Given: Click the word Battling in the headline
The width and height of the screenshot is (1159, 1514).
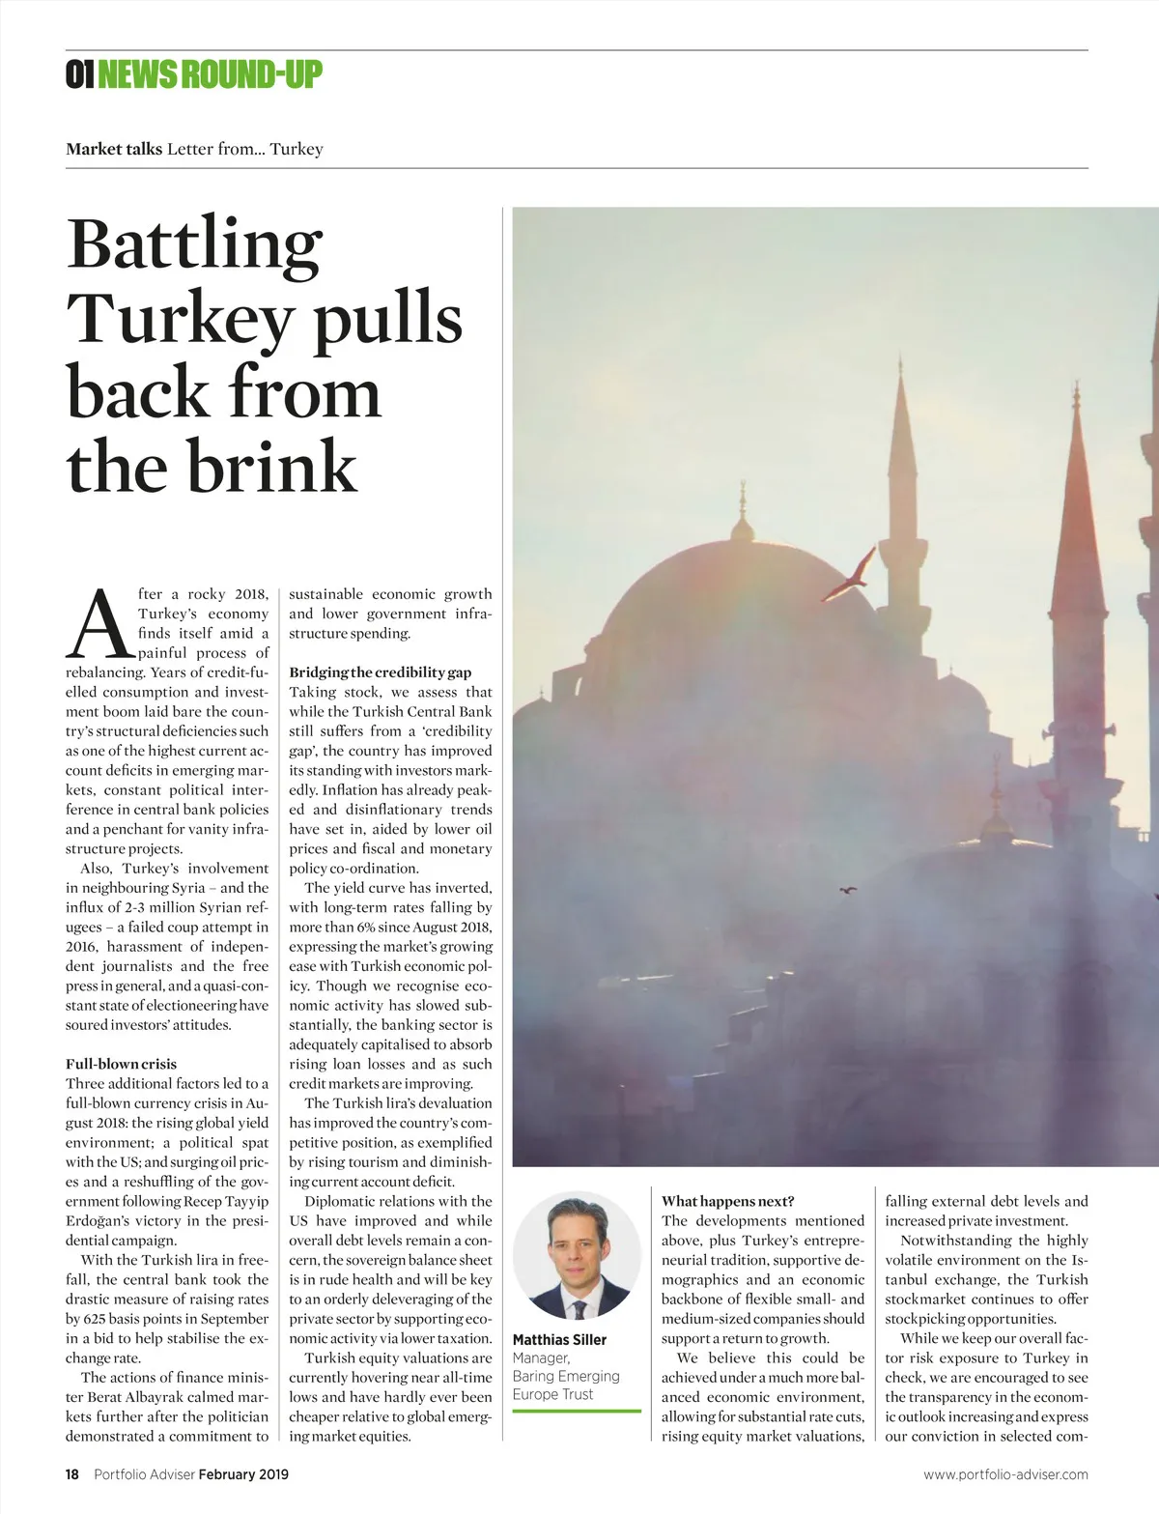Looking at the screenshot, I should (x=194, y=246).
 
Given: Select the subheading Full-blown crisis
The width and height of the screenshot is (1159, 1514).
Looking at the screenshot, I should (x=121, y=1064).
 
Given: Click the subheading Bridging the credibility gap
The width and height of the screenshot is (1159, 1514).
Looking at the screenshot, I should (x=380, y=672).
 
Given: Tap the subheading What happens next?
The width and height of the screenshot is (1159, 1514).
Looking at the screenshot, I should (x=727, y=1201).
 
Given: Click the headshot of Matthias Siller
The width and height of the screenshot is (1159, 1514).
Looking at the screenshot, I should (x=577, y=1255).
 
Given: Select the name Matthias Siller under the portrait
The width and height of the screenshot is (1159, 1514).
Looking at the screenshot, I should (x=559, y=1339).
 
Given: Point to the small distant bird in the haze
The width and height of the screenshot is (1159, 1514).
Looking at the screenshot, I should (x=849, y=891).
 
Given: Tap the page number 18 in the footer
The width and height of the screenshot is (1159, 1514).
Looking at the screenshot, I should (x=72, y=1474).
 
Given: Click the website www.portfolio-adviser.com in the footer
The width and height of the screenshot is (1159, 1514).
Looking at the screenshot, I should (x=1005, y=1474).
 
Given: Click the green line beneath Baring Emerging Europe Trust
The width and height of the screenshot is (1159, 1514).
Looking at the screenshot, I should (x=577, y=1412).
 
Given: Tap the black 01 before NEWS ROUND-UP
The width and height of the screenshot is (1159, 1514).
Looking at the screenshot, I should (x=79, y=74).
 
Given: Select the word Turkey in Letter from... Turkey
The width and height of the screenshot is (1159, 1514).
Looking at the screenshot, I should (x=296, y=149).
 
